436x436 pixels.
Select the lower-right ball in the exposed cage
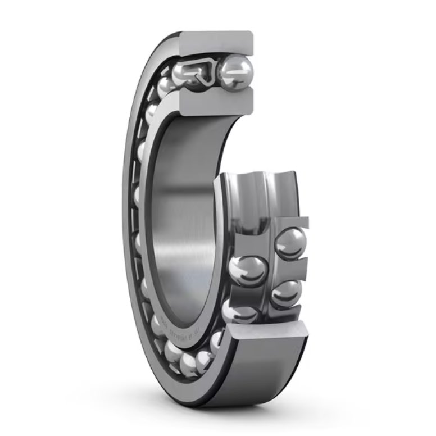coord(287,293)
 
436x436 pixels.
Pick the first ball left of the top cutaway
coord(165,86)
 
